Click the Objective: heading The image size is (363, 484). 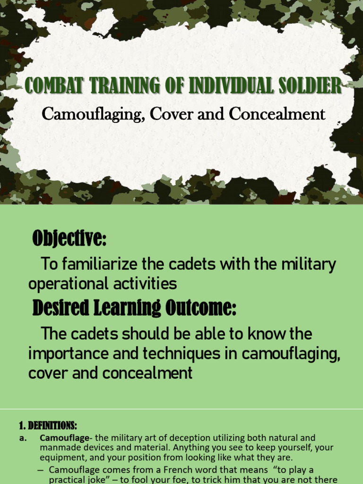[69, 239]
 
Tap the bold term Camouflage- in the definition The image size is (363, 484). [64, 438]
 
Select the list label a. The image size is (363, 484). [23, 438]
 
